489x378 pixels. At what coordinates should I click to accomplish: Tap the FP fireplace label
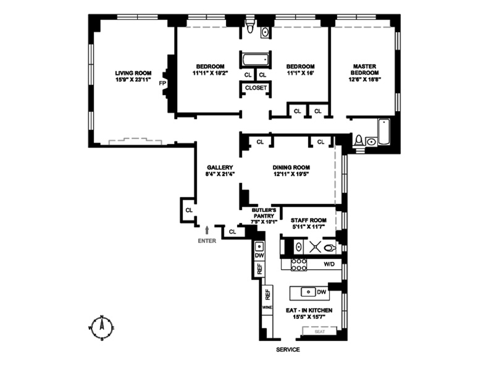(163, 83)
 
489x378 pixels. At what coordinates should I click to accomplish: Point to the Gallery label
(219, 167)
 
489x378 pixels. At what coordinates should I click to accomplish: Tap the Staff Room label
(308, 220)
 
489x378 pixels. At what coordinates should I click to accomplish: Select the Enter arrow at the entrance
(207, 230)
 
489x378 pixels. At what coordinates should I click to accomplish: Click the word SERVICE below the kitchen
(288, 350)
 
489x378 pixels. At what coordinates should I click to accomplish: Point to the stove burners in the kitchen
(299, 264)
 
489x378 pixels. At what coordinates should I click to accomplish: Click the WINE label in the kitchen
(267, 307)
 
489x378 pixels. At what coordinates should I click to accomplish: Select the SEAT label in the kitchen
(319, 332)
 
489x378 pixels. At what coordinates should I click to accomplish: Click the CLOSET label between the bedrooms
(256, 88)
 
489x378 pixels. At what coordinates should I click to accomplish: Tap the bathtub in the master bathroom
(383, 132)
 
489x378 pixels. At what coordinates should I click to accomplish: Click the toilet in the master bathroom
(359, 141)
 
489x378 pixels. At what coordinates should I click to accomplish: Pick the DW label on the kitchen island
(322, 292)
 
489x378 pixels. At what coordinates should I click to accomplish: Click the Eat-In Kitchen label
(309, 310)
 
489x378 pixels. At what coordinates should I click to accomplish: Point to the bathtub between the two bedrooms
(254, 60)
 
